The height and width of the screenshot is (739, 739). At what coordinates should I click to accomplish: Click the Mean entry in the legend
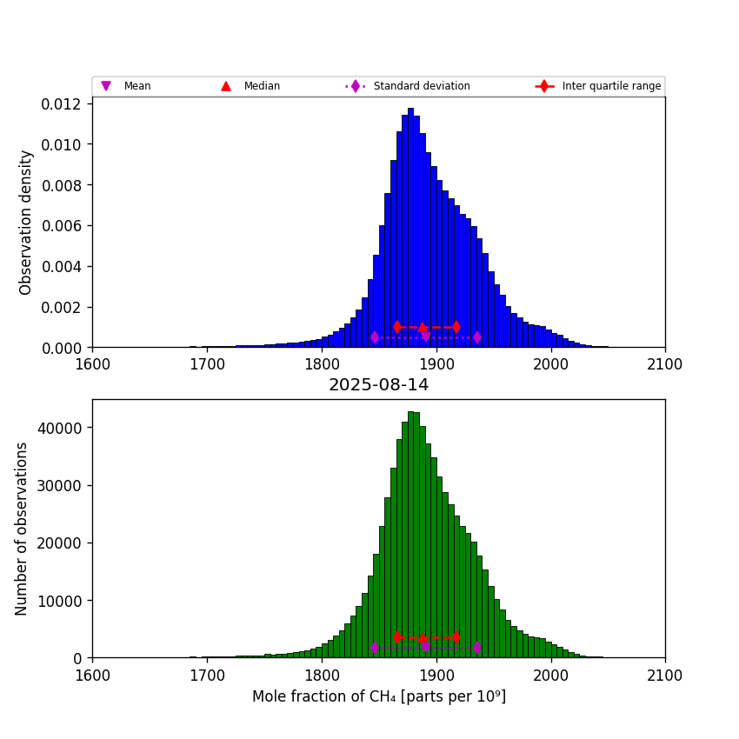point(136,86)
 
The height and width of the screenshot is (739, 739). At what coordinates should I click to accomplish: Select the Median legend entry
point(261,86)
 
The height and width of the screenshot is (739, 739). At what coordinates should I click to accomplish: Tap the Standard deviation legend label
point(421,86)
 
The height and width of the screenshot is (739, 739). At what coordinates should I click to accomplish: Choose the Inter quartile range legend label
point(610,86)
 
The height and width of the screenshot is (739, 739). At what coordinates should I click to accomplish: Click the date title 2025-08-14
point(378,385)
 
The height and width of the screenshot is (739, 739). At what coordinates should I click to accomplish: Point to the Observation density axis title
point(27,222)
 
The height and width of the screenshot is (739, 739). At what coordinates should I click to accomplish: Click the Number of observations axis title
point(23,529)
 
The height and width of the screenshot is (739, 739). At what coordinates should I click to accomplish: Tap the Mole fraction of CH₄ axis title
point(378,696)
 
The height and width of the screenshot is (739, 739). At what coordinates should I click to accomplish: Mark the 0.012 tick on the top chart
point(61,103)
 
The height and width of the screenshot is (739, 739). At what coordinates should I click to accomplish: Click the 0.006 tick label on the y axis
point(61,226)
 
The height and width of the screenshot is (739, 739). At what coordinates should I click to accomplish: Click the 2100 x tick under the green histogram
point(665,674)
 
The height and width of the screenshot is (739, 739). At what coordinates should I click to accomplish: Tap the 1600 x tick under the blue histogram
point(93,363)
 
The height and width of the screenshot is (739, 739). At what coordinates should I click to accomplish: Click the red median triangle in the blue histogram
point(423,328)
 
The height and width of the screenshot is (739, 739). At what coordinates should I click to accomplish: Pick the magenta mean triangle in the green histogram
point(425,647)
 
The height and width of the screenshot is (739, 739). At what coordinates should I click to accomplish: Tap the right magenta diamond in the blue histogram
point(476,336)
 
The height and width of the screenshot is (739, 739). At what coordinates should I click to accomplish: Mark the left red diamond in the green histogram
point(397,637)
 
